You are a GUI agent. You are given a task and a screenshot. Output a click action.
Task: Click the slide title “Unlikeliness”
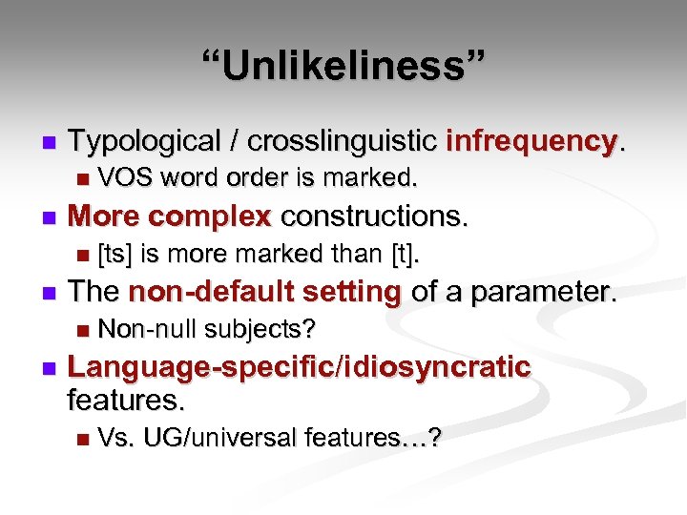(343, 68)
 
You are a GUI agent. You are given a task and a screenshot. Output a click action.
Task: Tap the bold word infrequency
(532, 142)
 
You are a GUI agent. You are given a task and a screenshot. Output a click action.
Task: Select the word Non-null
(143, 329)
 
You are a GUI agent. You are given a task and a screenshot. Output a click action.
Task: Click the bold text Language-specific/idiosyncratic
(300, 367)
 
